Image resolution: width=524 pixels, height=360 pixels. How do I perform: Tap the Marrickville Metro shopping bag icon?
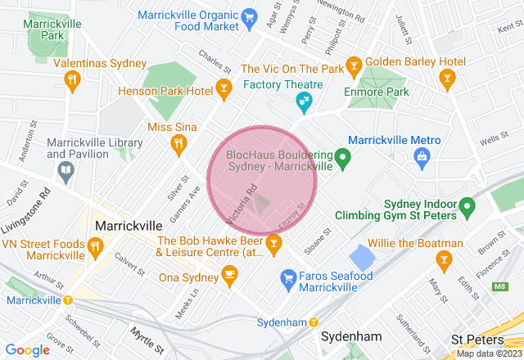point(422,155)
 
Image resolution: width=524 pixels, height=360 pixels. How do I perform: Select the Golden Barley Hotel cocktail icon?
point(446,79)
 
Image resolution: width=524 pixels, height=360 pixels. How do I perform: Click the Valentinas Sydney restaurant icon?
point(71,79)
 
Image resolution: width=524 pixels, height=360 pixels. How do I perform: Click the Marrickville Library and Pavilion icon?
point(65,171)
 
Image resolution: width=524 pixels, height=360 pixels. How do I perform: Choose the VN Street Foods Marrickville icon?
point(95,245)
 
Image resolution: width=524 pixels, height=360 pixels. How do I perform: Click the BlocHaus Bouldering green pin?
point(344,155)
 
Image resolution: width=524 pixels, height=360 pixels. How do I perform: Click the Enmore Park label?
point(376,92)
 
